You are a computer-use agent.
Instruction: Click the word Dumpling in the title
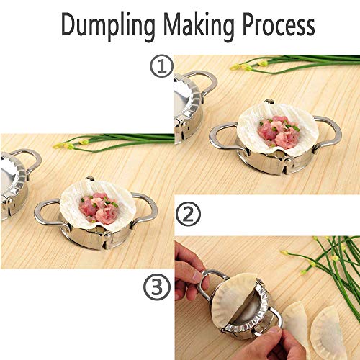tap(108, 27)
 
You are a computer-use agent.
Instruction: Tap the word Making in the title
tap(199, 27)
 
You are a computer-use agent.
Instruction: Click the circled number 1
tap(161, 67)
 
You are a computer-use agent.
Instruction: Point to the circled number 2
tap(188, 214)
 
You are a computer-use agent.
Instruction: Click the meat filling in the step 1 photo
tap(279, 132)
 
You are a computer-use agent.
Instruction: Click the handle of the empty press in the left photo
tap(34, 161)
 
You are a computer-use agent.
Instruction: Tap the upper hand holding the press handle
tap(189, 271)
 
